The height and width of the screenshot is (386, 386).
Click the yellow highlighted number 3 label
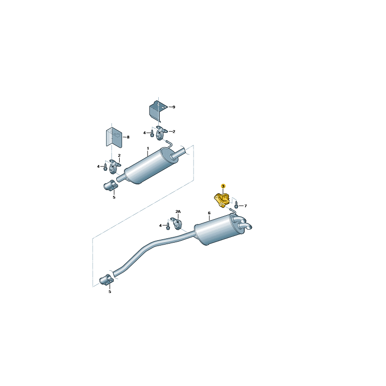pyautogui.click(x=223, y=186)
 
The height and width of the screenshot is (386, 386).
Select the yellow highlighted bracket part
pyautogui.click(x=221, y=200)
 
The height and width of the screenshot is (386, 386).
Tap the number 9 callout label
pyautogui.click(x=174, y=107)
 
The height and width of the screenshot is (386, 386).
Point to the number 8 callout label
pyautogui.click(x=128, y=137)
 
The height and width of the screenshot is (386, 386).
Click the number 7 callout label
pyautogui.click(x=246, y=206)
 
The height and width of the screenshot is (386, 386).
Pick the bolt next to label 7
pyautogui.click(x=236, y=204)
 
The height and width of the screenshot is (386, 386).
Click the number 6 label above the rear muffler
pyautogui.click(x=209, y=213)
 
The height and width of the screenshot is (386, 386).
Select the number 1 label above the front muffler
pyautogui.click(x=148, y=149)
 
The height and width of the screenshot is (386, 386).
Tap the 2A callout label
pyautogui.click(x=178, y=211)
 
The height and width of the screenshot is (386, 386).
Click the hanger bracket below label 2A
pyautogui.click(x=177, y=223)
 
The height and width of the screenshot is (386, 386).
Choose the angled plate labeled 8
pyautogui.click(x=114, y=138)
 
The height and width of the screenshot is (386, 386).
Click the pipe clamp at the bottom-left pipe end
pyautogui.click(x=106, y=280)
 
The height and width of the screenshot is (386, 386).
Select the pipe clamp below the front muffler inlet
pyautogui.click(x=110, y=185)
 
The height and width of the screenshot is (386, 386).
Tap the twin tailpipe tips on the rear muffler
pyautogui.click(x=243, y=223)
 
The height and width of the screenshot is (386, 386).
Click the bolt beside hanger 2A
pyautogui.click(x=168, y=226)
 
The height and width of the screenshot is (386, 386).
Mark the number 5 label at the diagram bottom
pyautogui.click(x=110, y=292)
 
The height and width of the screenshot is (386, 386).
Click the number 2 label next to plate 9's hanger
pyautogui.click(x=174, y=131)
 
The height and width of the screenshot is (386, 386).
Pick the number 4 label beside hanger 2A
pyautogui.click(x=161, y=225)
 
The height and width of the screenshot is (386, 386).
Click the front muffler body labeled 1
pyautogui.click(x=150, y=165)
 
